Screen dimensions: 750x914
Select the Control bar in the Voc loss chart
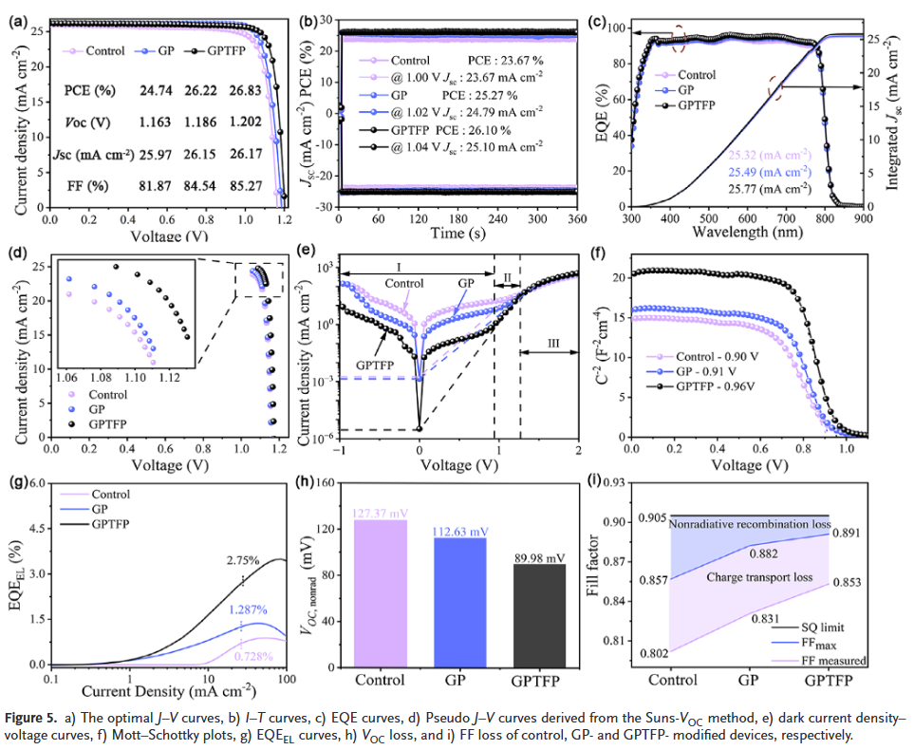(381, 591)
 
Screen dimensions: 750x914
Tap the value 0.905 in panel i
(652, 517)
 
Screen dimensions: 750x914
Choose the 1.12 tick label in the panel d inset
(171, 377)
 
